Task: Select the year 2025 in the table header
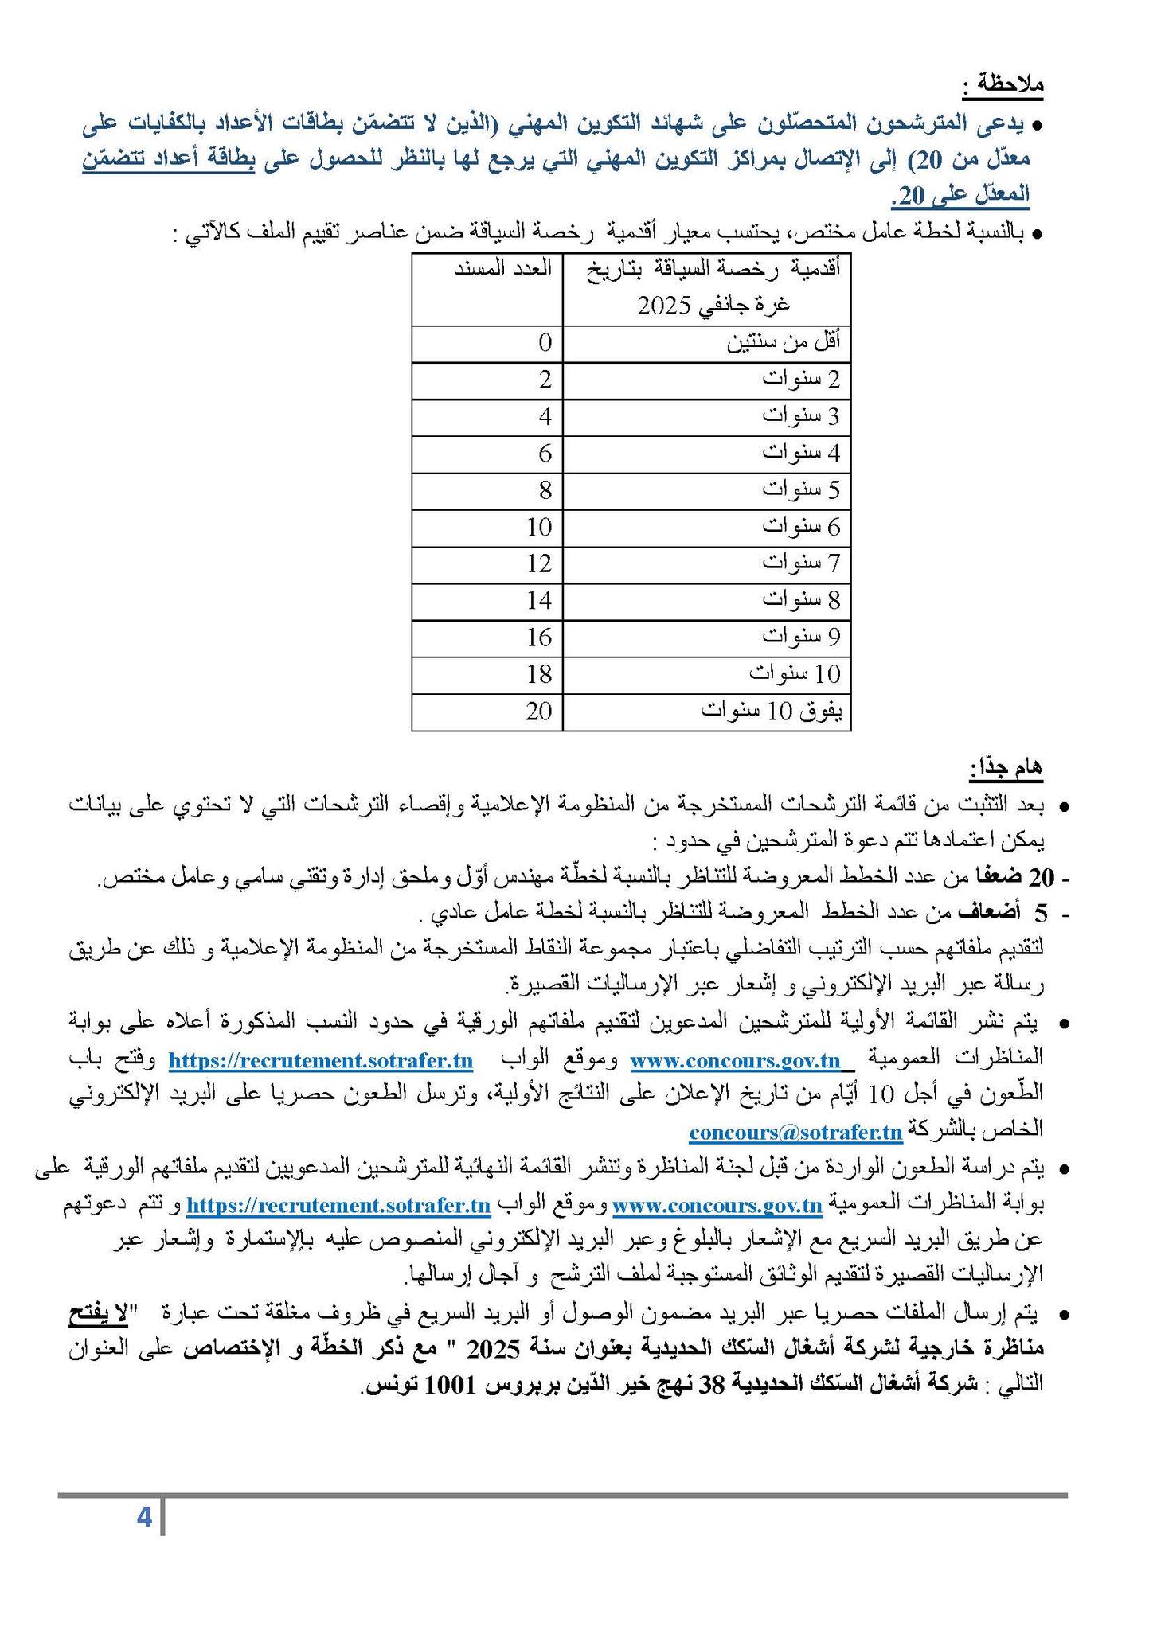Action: [x=665, y=306]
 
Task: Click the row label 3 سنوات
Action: [x=801, y=416]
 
